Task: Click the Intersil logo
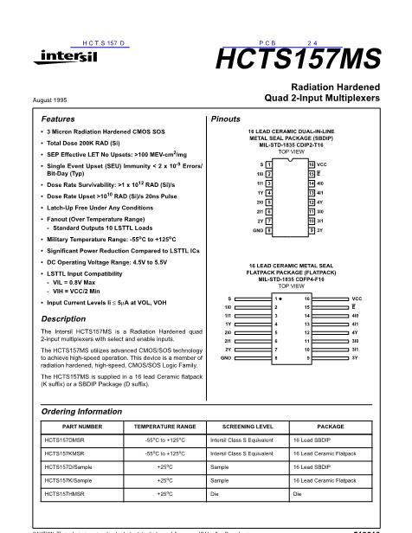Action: (59, 58)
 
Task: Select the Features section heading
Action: (59, 118)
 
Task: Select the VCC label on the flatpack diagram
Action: (357, 298)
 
